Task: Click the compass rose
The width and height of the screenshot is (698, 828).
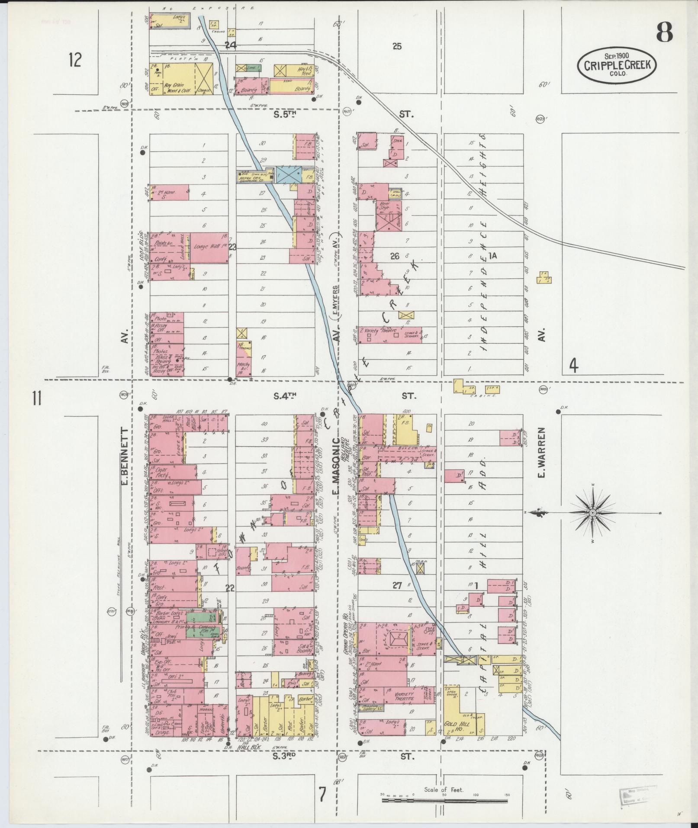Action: [593, 513]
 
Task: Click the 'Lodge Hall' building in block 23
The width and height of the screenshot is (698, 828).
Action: [209, 248]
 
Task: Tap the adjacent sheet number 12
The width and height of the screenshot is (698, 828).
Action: [74, 60]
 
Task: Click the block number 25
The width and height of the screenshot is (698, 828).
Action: [397, 46]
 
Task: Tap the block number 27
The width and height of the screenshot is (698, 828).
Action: [397, 586]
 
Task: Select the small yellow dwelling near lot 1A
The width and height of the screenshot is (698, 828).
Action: [544, 277]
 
